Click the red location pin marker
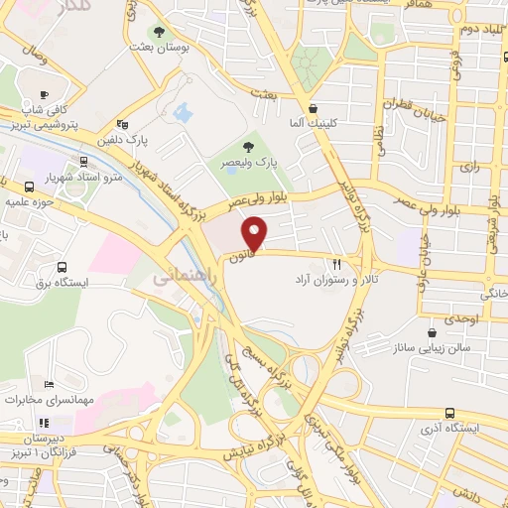click(x=256, y=235)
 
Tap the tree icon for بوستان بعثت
click(x=159, y=30)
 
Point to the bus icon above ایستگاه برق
click(x=62, y=267)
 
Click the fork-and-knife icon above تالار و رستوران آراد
click(x=337, y=265)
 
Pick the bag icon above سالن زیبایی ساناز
click(x=431, y=333)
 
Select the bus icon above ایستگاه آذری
click(x=450, y=413)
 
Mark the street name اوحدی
click(x=462, y=318)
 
